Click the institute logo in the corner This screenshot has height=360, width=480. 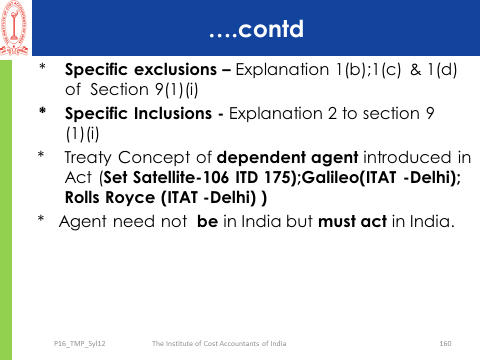point(14,28)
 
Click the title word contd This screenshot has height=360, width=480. point(270,29)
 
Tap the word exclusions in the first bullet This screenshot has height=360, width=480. point(175,69)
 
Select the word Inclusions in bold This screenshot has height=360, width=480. point(173,113)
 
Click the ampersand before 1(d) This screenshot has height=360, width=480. point(415,70)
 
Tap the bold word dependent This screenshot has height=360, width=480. point(261,157)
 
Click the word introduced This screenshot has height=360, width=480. point(407,157)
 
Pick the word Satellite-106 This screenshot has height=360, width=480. point(180,177)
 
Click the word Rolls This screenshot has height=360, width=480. point(82,197)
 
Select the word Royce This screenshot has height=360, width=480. point(130,198)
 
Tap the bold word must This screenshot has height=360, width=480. point(336,221)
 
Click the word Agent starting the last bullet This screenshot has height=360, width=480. point(82,222)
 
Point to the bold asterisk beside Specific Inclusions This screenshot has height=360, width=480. point(42,110)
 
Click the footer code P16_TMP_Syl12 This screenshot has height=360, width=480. point(79,344)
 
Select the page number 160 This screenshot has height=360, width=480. point(445,343)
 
